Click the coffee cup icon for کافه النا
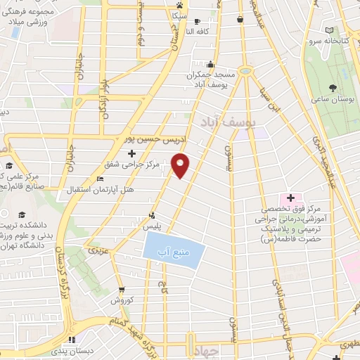pyautogui.click(x=197, y=22)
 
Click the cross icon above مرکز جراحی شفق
pyautogui.click(x=131, y=153)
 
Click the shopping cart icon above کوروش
pyautogui.click(x=122, y=289)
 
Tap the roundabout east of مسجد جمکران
pyautogui.click(x=245, y=70)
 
